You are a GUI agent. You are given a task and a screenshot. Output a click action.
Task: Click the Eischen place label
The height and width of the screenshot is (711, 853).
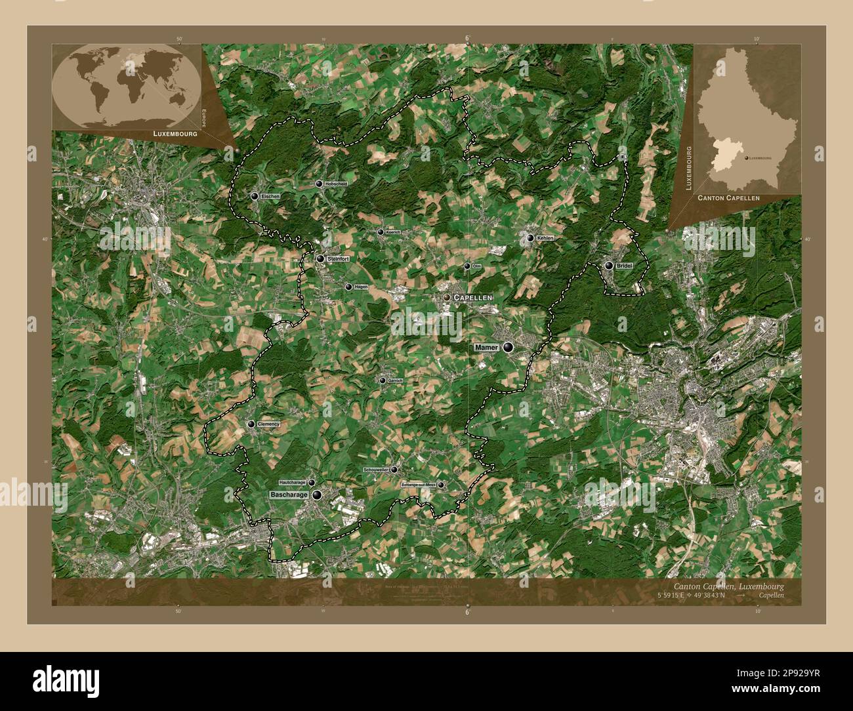(x=270, y=197)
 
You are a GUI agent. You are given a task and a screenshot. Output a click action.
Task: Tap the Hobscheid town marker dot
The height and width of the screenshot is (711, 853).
(x=319, y=184)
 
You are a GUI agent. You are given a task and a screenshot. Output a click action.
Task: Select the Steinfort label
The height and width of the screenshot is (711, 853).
(x=337, y=259)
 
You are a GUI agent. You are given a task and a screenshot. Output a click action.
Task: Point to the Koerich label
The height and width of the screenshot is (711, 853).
(x=392, y=232)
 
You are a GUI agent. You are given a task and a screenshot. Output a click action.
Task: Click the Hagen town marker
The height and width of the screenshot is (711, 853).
(x=348, y=287)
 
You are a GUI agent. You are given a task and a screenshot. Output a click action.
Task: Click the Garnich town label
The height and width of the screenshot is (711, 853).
(x=395, y=380)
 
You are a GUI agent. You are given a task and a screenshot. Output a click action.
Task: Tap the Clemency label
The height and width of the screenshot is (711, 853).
(x=269, y=424)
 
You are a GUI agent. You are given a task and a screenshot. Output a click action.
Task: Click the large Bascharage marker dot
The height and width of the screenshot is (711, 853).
(x=317, y=496)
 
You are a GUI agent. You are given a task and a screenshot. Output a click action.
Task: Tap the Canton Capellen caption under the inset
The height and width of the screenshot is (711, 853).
(x=728, y=197)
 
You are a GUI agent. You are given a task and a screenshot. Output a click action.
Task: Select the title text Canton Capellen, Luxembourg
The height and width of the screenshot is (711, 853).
(x=728, y=586)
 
